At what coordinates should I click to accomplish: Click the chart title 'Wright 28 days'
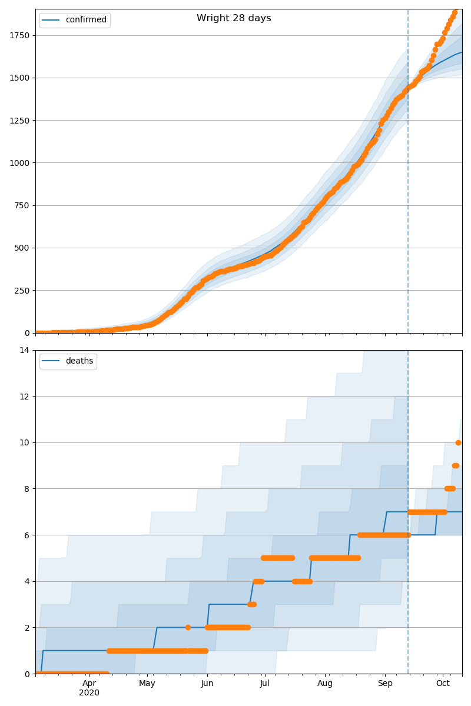[x=234, y=18]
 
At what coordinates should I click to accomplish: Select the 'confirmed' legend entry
[x=86, y=20]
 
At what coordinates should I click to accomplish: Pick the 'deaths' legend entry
[x=79, y=361]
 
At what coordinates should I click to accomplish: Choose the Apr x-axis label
[x=89, y=683]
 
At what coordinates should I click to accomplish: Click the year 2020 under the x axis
[x=89, y=693]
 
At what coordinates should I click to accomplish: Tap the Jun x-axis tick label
[x=207, y=683]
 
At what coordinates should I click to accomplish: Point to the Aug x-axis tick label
[x=325, y=683]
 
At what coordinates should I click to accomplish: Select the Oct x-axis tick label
[x=443, y=683]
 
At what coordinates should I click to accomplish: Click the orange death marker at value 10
[x=458, y=442]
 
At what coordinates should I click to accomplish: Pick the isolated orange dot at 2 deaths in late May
[x=188, y=627]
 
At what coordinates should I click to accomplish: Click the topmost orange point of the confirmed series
[x=455, y=12]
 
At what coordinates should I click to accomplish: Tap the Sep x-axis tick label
[x=384, y=683]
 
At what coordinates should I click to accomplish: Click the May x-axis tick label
[x=147, y=683]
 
